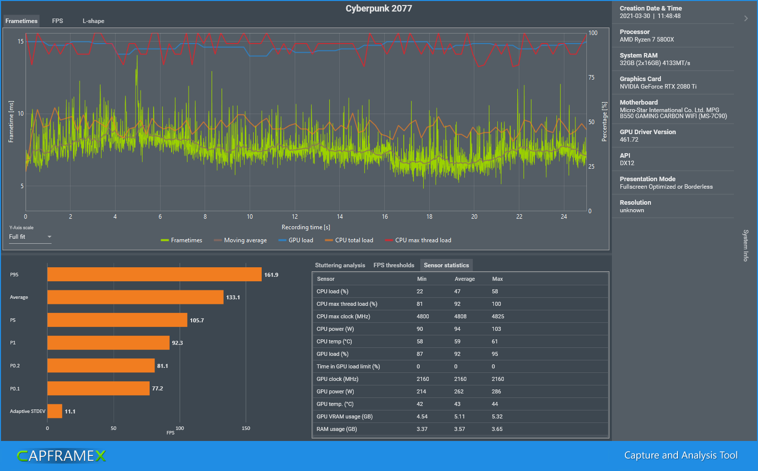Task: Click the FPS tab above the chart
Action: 58,21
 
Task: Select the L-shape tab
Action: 94,21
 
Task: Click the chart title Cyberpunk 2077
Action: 379,9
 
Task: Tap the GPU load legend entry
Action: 296,240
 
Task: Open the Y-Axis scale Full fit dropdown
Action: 30,237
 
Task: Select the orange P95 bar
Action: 154,274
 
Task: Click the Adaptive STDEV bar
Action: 55,411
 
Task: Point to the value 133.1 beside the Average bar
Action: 233,297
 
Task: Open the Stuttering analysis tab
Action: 340,265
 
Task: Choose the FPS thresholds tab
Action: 394,265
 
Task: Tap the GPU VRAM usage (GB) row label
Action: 344,416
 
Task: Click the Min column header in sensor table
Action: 422,279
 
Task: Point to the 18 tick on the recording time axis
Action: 429,217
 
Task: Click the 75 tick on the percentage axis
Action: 591,78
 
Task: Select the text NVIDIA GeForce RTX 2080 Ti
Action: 658,87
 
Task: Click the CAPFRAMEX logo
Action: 62,455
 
